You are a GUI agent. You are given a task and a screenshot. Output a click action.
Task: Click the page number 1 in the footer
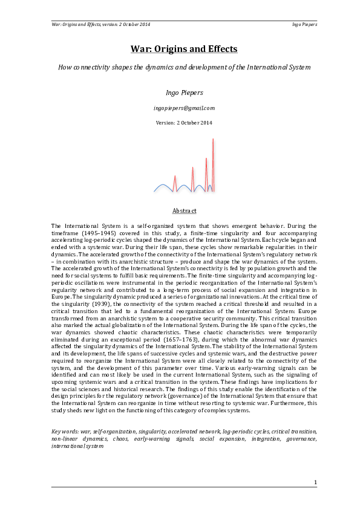click(x=315, y=482)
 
